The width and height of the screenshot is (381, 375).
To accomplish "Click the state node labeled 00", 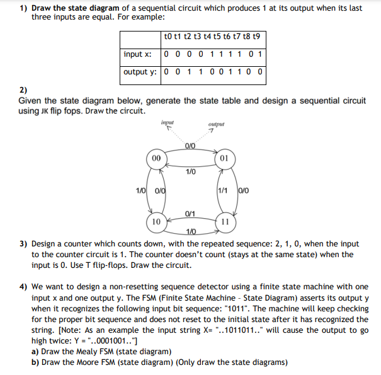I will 156,158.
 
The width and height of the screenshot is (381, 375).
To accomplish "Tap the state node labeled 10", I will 156,222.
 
